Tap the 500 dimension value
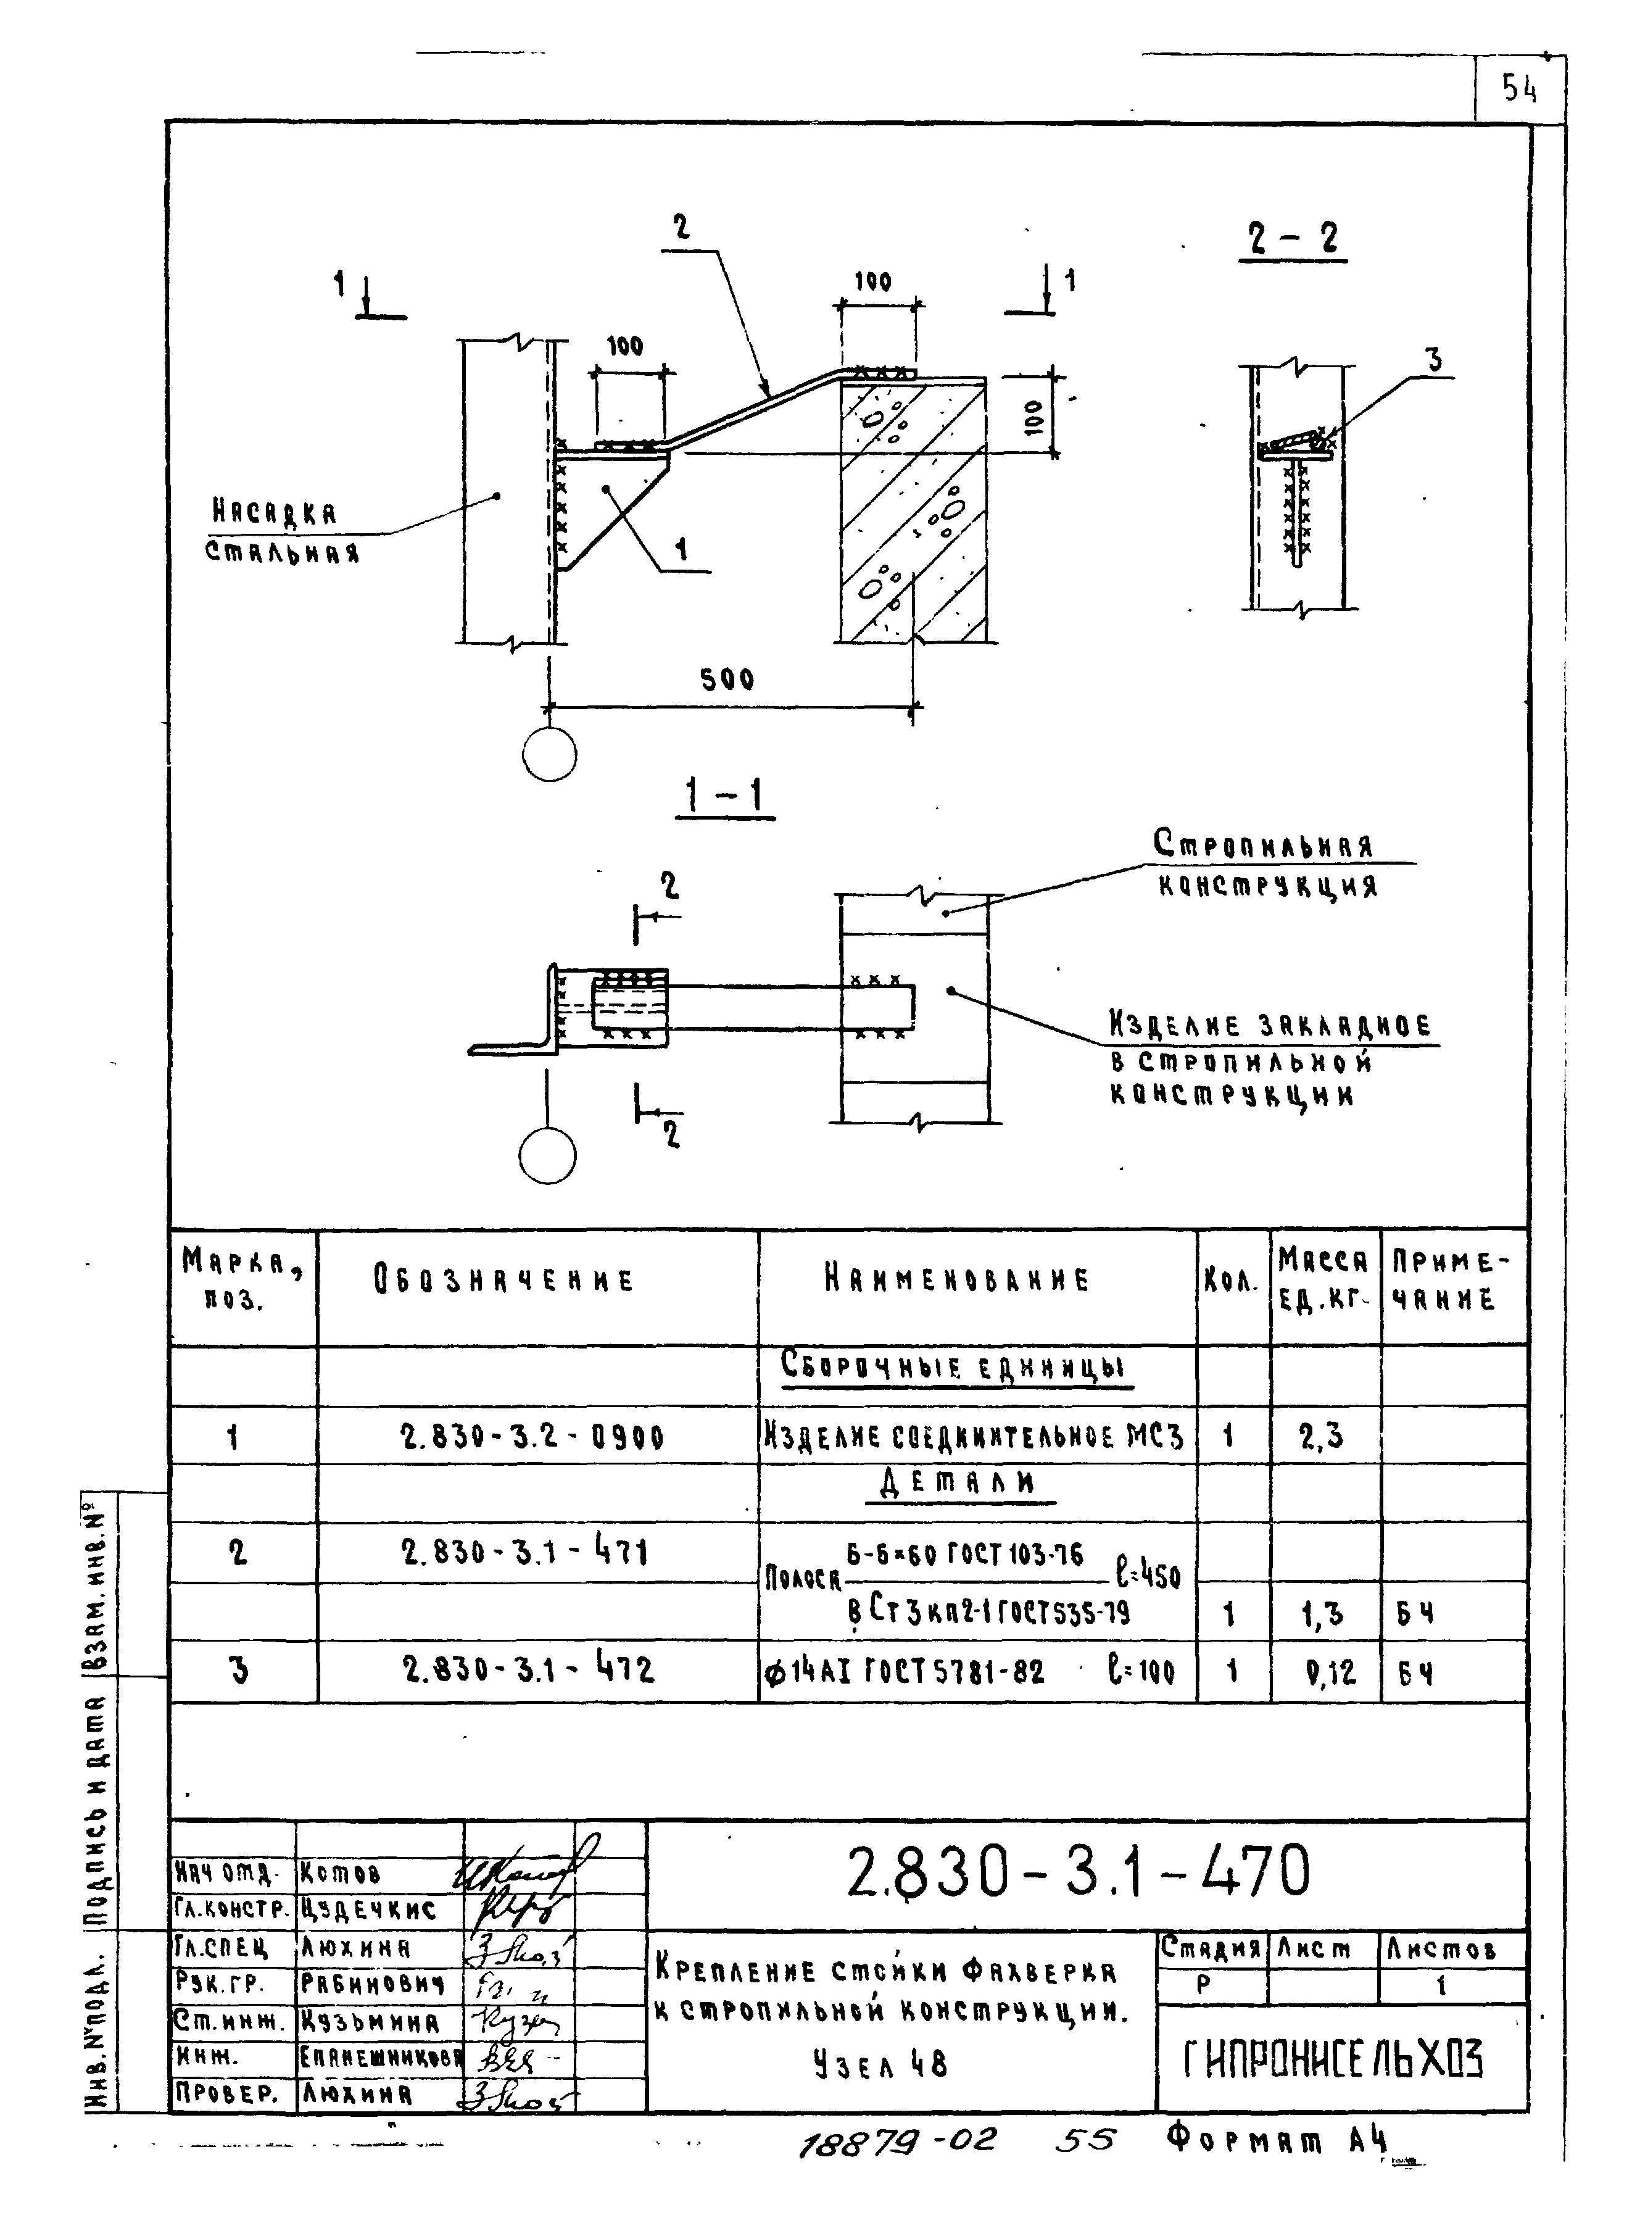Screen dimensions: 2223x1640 (727, 680)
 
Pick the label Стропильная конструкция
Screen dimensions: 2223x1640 (1265, 864)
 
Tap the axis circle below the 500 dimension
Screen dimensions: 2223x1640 (549, 755)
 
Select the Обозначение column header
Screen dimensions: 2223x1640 (503, 1280)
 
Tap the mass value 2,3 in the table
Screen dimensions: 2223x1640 (1322, 1436)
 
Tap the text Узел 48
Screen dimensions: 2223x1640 (880, 2064)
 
